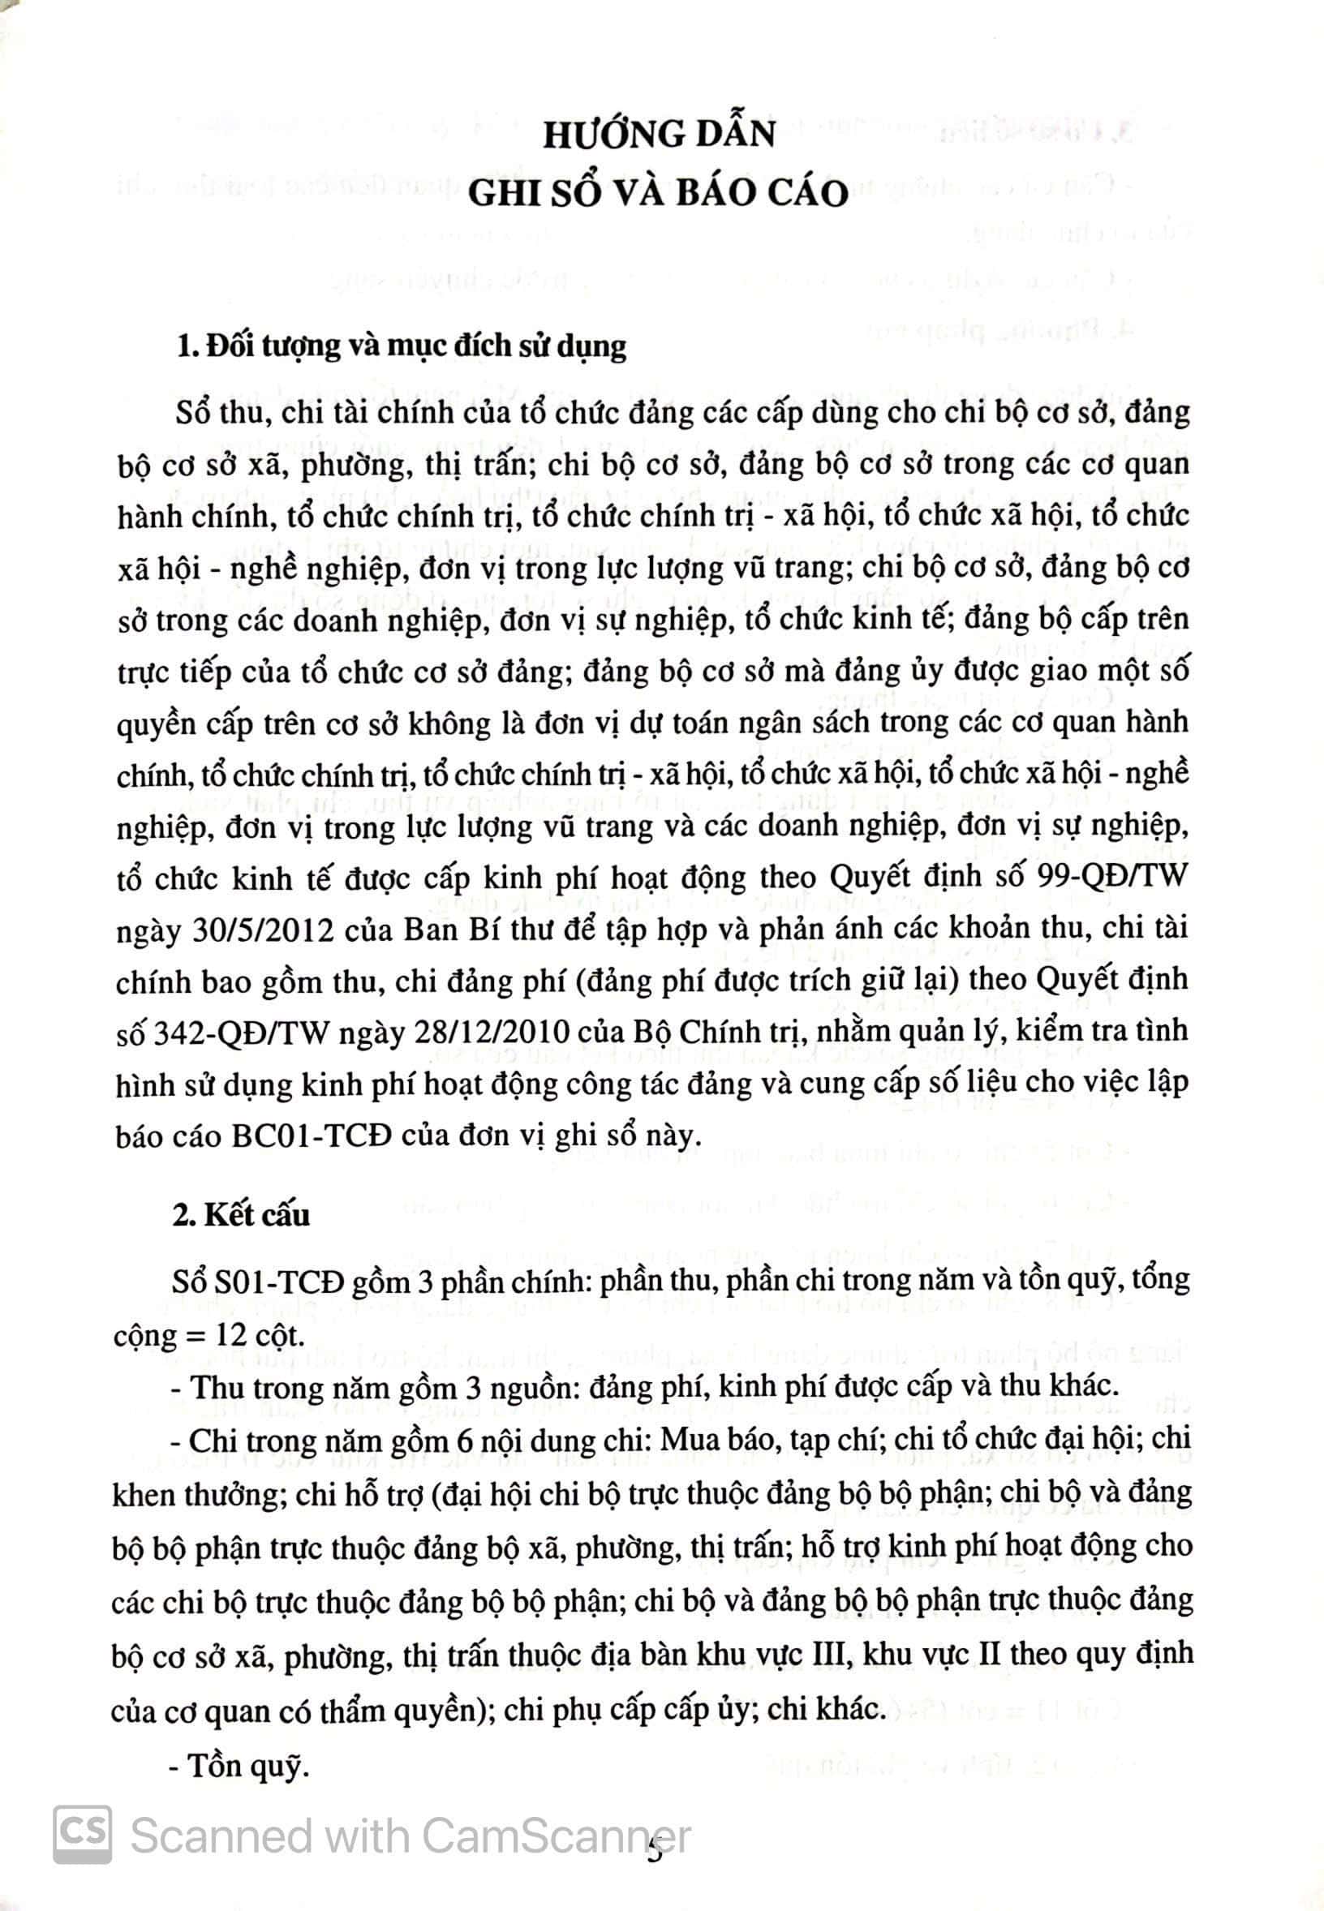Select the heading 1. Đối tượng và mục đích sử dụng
tap(402, 346)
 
